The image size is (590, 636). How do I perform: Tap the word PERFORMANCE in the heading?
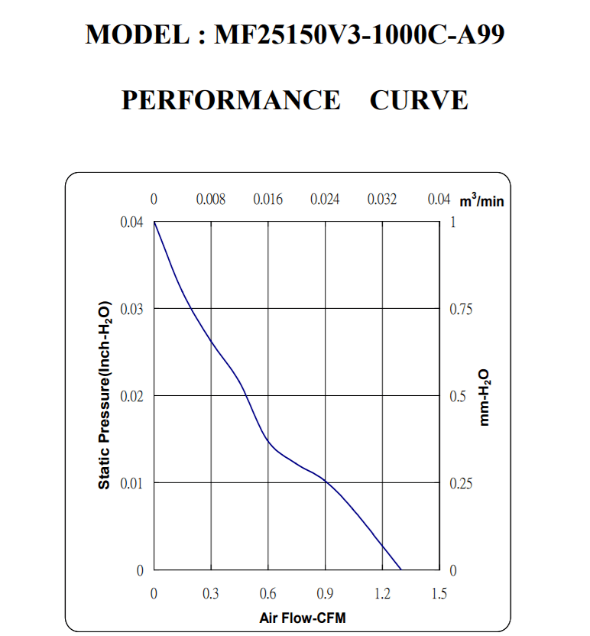pos(231,100)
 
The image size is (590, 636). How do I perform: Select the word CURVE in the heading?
pos(419,100)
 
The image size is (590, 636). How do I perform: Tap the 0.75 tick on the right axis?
pos(462,310)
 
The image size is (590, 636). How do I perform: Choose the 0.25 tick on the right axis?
pos(462,484)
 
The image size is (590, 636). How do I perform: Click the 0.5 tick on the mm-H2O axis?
pos(457,397)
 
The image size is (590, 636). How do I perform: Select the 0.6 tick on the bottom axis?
pos(267,594)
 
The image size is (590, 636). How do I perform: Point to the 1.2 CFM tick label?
pos(381,594)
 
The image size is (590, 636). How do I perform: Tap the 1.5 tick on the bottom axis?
pos(439,594)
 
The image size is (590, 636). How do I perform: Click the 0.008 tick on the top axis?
pos(211,200)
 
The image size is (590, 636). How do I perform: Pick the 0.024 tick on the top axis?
pos(325,200)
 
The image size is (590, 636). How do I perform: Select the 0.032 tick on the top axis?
pos(382,200)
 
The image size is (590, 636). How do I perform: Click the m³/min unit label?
pos(481,201)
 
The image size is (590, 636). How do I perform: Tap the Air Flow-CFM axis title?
pos(296,617)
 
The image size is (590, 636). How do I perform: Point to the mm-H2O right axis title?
pos(484,398)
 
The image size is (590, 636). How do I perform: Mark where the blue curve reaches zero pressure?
pos(400,569)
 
